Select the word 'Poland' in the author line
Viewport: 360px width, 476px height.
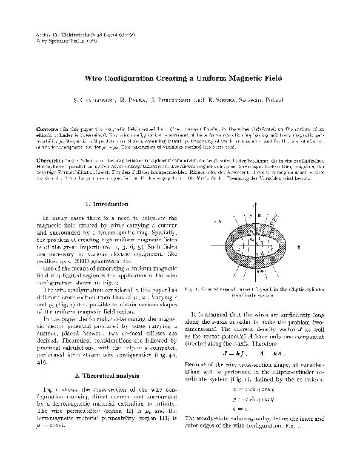(x=275, y=99)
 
